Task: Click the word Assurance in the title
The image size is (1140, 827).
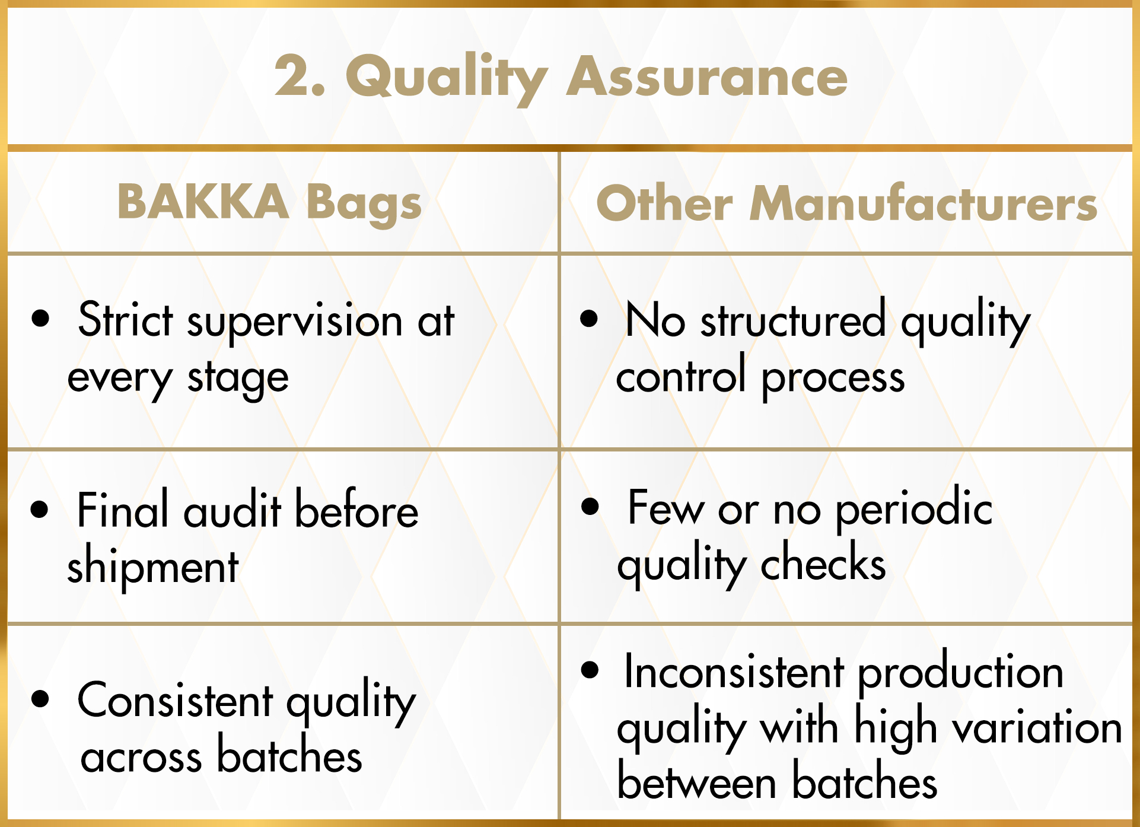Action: click(x=707, y=77)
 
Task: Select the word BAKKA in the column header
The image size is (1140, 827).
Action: click(x=203, y=202)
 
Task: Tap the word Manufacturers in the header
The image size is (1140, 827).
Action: click(x=924, y=203)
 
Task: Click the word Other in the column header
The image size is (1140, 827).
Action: click(x=665, y=203)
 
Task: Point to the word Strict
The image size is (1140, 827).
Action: click(x=126, y=320)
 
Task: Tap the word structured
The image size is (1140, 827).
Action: click(x=793, y=320)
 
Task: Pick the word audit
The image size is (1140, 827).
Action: click(x=232, y=511)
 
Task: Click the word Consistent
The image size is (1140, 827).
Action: click(x=176, y=701)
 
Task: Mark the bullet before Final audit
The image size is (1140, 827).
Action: click(x=40, y=509)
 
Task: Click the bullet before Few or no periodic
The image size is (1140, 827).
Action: click(x=590, y=506)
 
